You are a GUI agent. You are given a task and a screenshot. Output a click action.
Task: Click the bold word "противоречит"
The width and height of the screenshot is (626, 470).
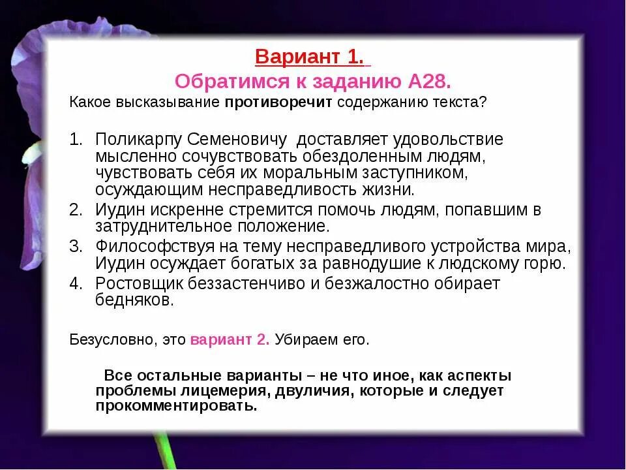point(280,102)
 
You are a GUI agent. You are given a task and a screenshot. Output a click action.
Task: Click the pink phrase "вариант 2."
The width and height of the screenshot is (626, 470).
point(230,340)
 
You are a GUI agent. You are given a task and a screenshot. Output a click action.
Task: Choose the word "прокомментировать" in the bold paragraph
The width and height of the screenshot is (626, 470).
point(176,406)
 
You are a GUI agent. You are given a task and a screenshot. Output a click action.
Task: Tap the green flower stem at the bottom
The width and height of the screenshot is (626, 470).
point(167,453)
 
